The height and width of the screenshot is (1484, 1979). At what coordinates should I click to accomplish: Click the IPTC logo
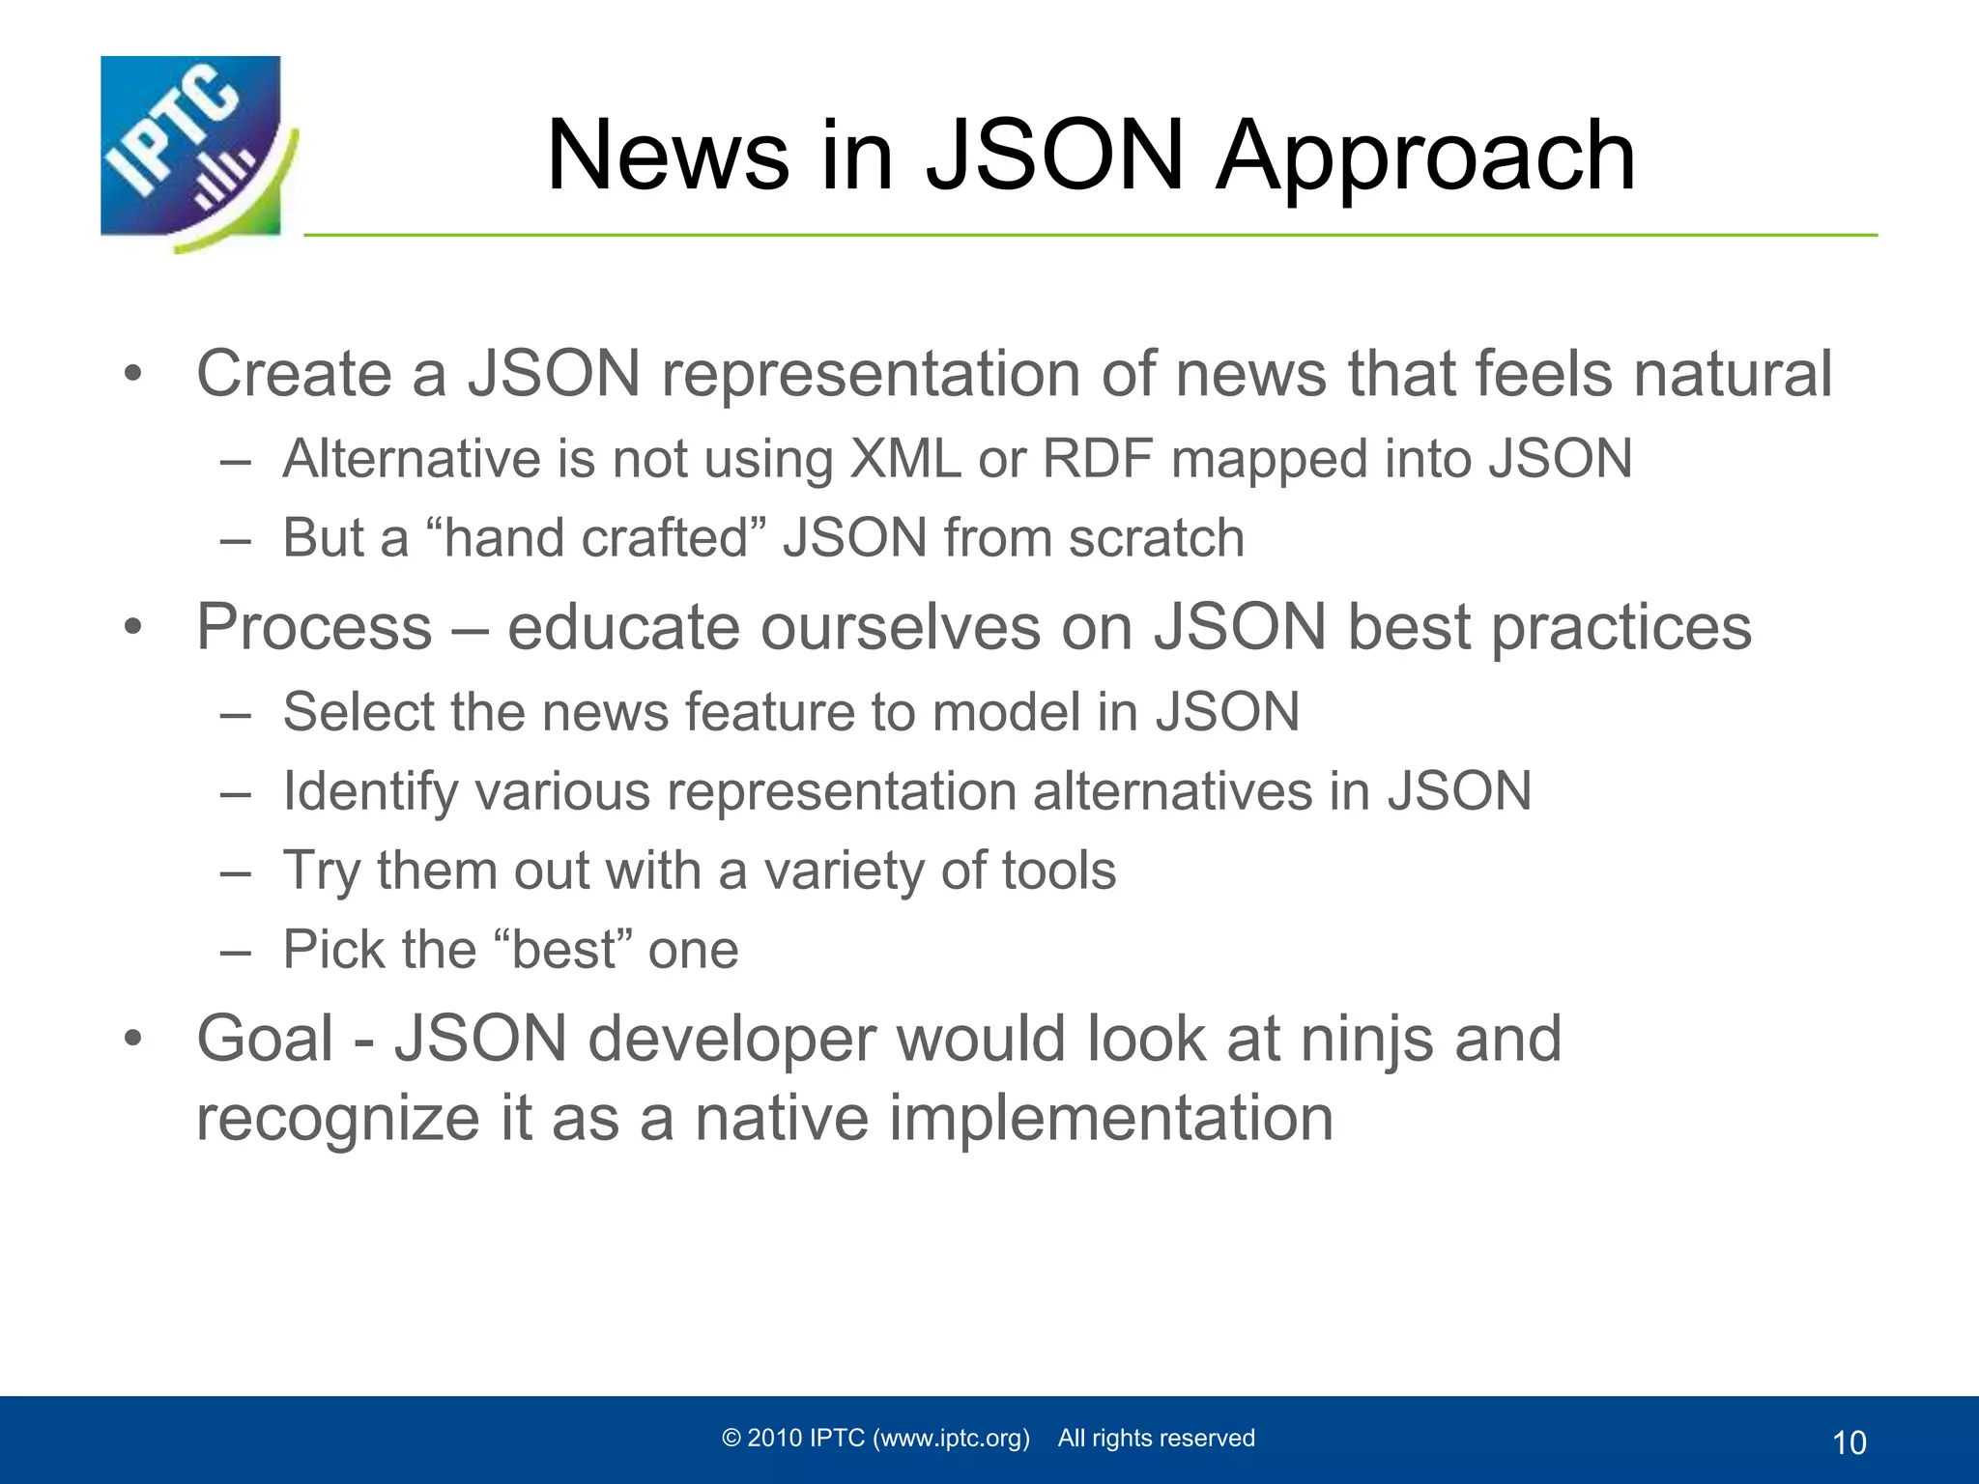point(193,150)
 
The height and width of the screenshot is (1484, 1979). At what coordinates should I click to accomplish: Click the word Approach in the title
point(1425,157)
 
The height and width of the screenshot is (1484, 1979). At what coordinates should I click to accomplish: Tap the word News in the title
point(667,157)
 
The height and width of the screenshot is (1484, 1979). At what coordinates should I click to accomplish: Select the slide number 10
point(1849,1442)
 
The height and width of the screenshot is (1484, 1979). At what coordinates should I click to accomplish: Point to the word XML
point(904,458)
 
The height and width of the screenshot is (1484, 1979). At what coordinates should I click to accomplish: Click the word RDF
point(1098,458)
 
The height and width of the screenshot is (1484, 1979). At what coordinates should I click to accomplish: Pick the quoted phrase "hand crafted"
point(595,537)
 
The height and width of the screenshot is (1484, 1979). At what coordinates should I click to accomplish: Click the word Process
point(314,627)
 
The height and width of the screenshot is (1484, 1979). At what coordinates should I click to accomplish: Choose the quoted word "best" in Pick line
point(562,950)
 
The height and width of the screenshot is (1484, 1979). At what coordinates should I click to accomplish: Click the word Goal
point(265,1039)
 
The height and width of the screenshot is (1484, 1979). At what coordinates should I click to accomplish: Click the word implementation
point(1110,1119)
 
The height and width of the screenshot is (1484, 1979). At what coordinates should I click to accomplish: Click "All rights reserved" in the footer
point(1156,1438)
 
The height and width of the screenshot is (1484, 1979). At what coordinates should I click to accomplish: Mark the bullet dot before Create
point(133,375)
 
